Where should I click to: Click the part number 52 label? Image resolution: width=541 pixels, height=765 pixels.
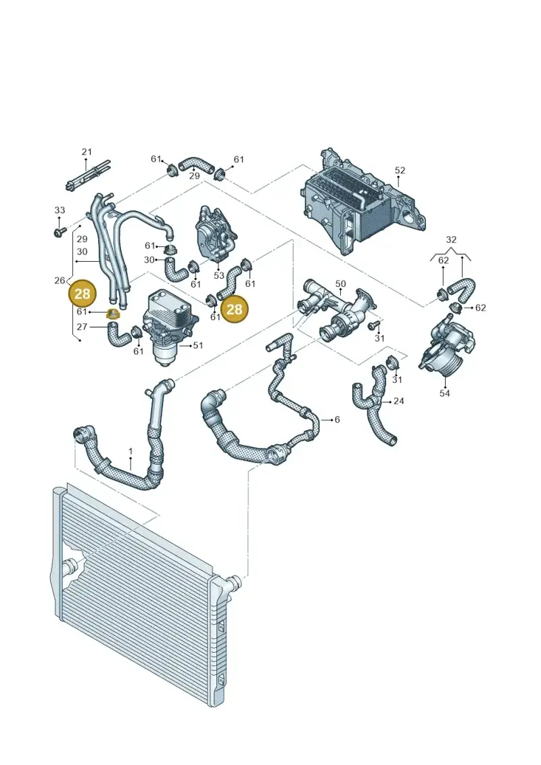pos(400,170)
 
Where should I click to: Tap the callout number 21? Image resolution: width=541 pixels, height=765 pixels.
pos(87,152)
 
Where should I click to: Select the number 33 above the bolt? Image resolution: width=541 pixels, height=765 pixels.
pos(60,210)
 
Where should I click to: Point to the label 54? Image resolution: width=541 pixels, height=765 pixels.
pos(445,393)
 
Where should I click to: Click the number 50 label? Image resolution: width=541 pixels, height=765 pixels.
pos(341,283)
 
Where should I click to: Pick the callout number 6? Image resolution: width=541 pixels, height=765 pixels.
pos(337,419)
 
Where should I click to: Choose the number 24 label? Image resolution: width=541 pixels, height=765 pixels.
pos(399,401)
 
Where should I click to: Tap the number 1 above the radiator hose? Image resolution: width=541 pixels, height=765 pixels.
pos(131,452)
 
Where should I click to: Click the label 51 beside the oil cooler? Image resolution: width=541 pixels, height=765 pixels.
pos(197,346)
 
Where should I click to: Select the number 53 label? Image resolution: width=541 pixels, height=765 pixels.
pos(219,276)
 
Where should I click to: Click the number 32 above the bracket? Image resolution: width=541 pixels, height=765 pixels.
pos(451,239)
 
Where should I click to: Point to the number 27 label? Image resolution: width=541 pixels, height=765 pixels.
pos(81,327)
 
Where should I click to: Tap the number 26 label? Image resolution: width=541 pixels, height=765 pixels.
pos(60,281)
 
